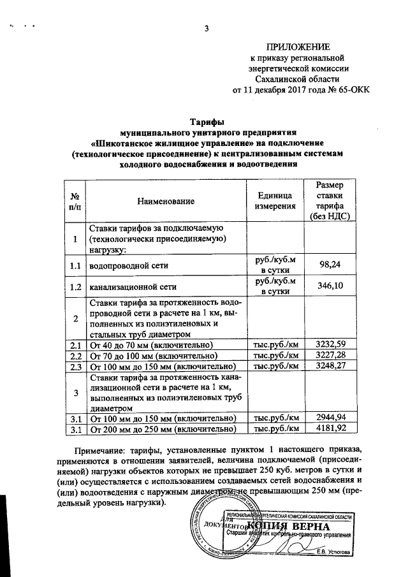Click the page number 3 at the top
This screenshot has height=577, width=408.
(206, 28)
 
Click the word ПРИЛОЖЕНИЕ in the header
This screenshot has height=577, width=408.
(298, 47)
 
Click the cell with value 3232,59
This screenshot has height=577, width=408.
(330, 345)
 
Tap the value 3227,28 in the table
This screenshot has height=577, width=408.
(330, 355)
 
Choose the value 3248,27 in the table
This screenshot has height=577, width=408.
(330, 366)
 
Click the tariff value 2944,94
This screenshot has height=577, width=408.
(330, 418)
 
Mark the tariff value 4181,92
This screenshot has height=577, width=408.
(330, 428)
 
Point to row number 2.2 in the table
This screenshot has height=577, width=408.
(75, 356)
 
